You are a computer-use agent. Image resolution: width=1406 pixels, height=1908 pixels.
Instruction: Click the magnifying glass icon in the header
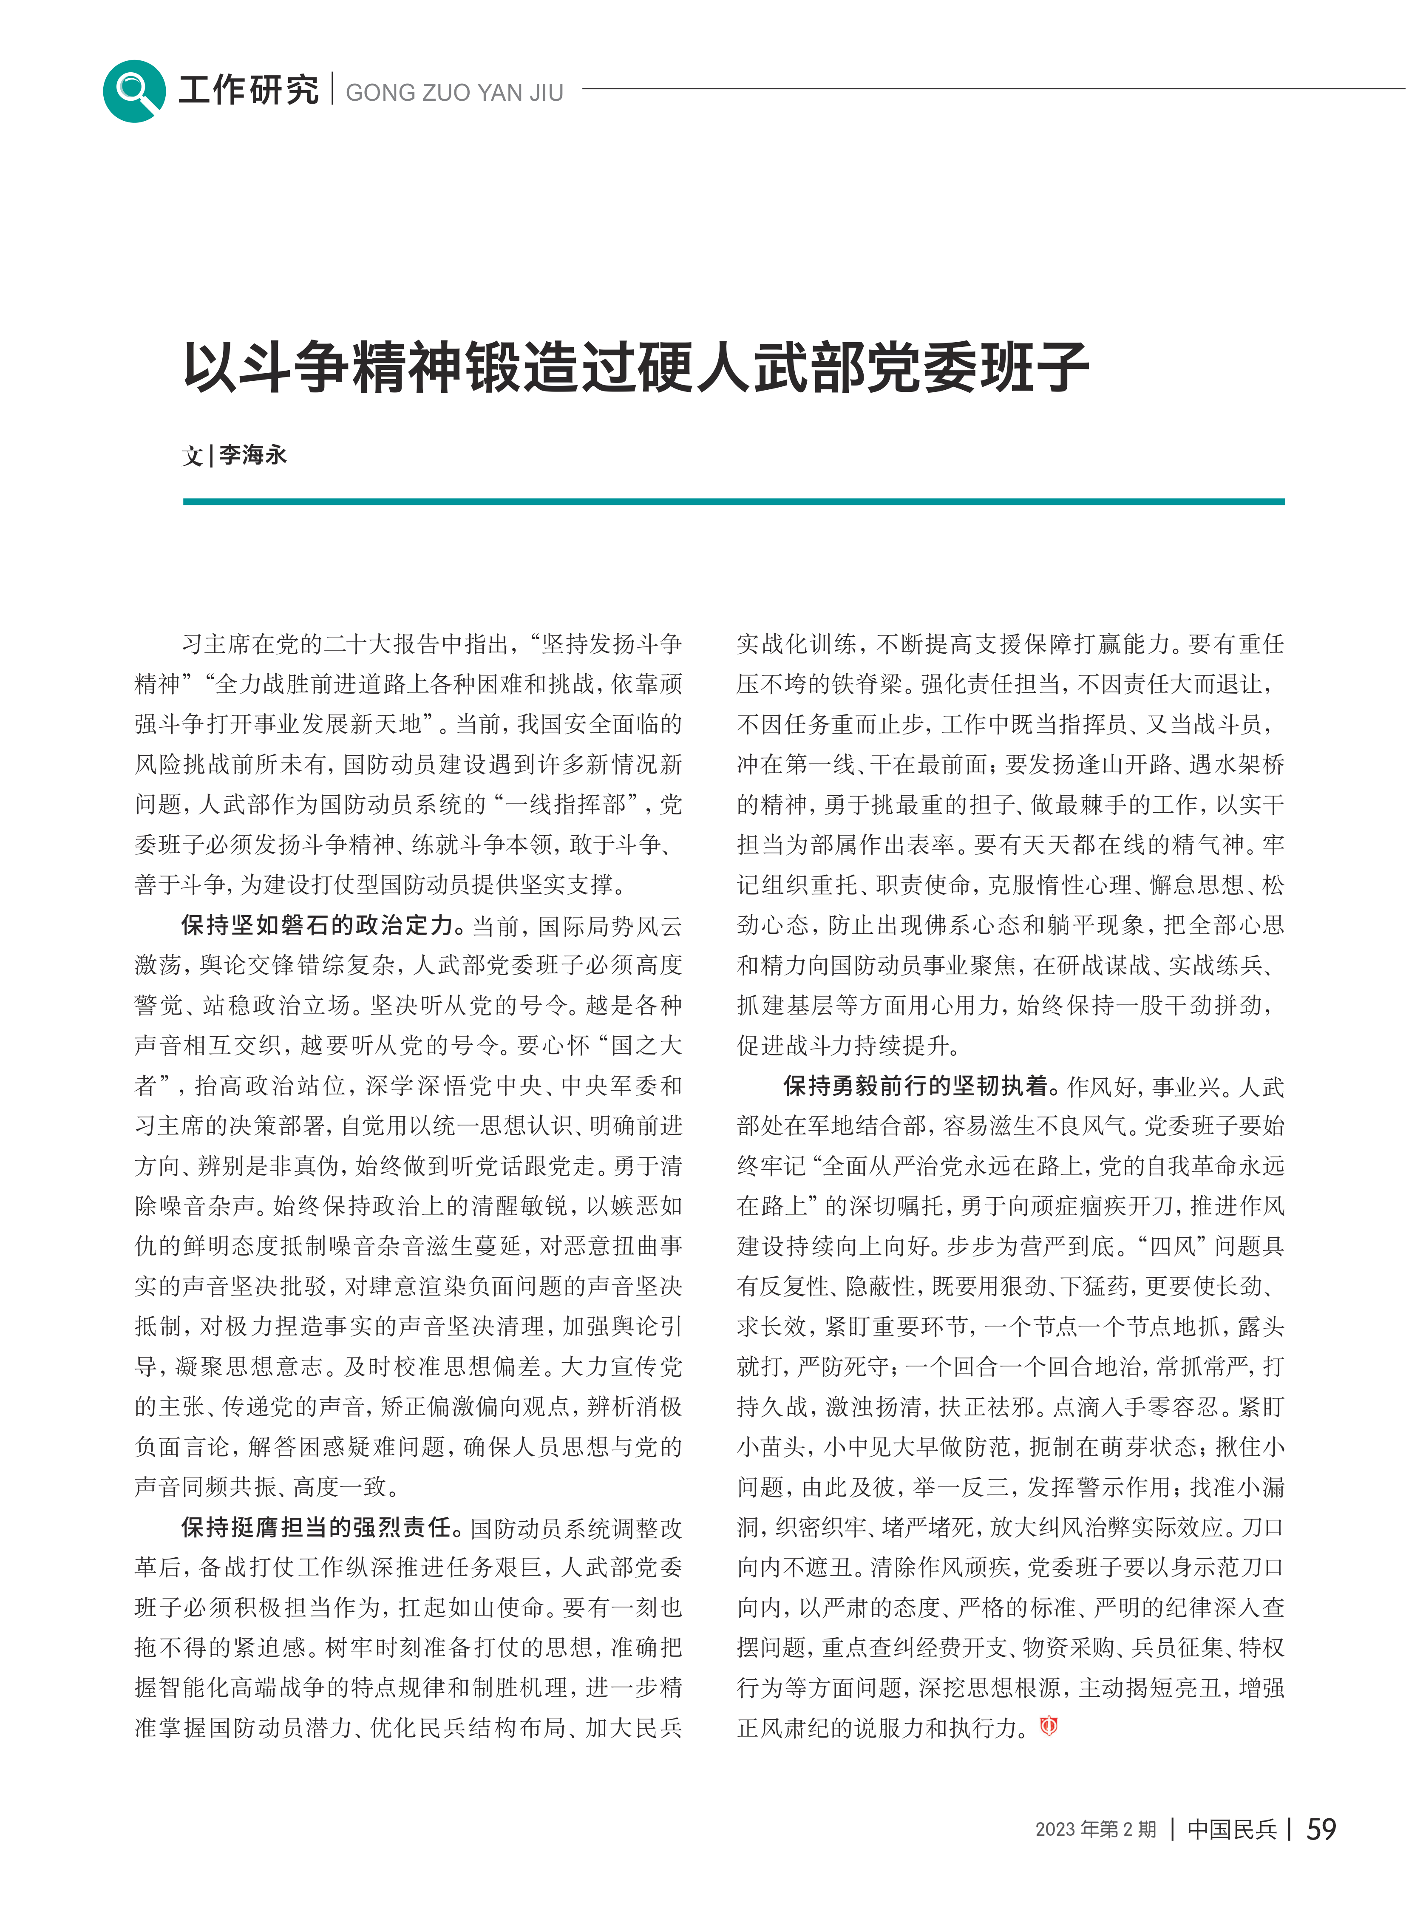[x=133, y=90]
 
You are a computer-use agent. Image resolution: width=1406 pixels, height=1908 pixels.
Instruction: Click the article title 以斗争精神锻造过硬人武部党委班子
[x=636, y=369]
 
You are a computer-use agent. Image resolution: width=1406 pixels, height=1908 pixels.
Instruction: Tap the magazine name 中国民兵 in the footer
[x=1232, y=1830]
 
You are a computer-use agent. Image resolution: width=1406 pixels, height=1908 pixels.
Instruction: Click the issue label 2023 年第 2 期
[x=1095, y=1830]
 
